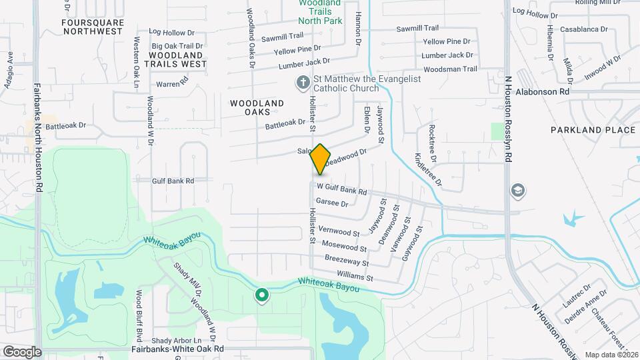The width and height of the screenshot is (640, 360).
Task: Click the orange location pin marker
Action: pos(321,159)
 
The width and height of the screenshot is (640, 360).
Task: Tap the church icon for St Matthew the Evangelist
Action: pos(302,83)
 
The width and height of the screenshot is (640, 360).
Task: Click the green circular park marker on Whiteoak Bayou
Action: pos(262,295)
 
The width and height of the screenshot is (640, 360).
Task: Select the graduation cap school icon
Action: pos(517,191)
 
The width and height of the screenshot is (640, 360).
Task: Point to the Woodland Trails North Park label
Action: pos(320,13)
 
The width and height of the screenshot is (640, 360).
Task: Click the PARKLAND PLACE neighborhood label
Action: pos(593,130)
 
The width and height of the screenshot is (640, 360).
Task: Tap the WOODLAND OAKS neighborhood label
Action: pos(257,108)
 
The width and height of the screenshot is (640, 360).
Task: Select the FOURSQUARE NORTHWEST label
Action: pos(92,27)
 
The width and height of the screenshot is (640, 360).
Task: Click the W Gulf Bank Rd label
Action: pos(341,190)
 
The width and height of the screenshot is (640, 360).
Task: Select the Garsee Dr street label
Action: pos(332,203)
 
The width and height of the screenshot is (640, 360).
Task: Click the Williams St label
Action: pos(355,275)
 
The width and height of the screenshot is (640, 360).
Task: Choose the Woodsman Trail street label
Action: pos(450,69)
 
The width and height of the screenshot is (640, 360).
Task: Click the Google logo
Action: pos(22,351)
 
